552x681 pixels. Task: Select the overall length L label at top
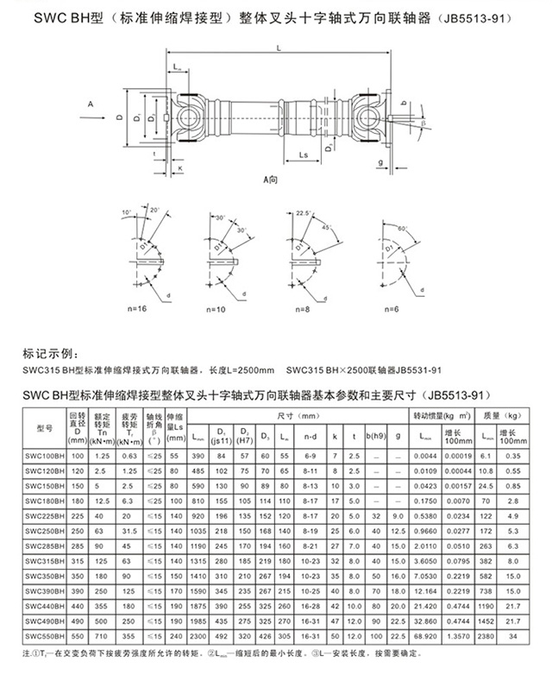[x=279, y=50]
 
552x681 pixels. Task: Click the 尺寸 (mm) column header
[x=298, y=414]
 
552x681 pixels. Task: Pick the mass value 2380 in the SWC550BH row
[x=484, y=635]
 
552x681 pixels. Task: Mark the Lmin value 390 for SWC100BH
[x=198, y=454]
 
